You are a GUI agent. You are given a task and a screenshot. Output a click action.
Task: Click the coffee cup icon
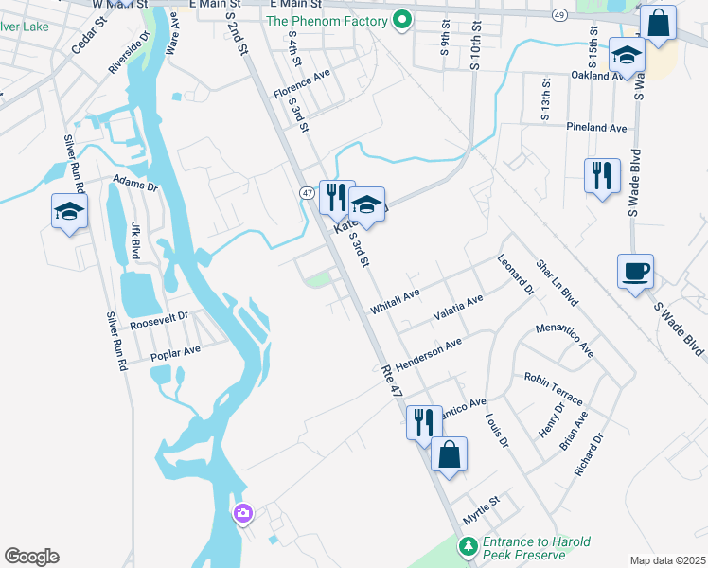point(634,272)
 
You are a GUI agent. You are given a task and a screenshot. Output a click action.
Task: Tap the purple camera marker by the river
point(243,513)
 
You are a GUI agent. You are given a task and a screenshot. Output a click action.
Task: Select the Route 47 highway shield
point(307,192)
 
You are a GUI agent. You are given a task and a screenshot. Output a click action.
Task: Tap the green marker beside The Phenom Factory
point(402,20)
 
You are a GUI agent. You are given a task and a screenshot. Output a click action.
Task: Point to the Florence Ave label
point(301,82)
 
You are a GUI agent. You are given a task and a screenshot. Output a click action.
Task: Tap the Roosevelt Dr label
point(160,320)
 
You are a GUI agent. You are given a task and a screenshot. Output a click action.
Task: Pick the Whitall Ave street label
point(395,302)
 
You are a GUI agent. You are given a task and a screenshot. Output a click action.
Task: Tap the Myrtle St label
point(481,512)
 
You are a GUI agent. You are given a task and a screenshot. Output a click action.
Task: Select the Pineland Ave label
point(596,127)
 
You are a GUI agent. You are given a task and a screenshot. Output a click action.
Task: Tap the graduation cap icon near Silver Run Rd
point(70,212)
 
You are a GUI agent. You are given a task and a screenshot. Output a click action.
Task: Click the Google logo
point(31,557)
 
